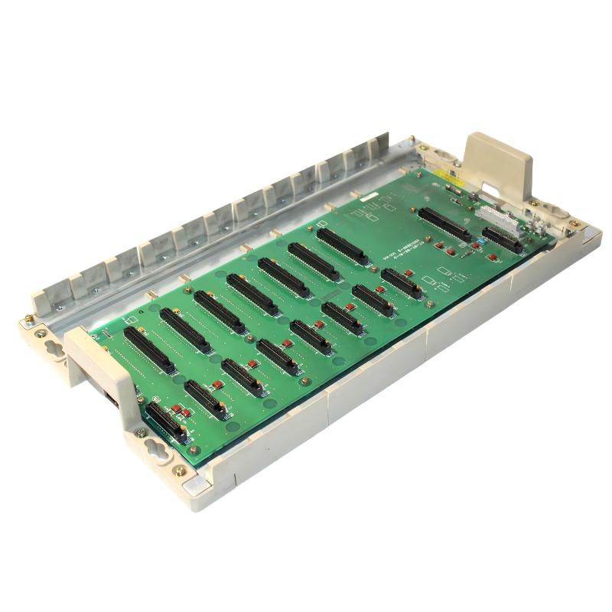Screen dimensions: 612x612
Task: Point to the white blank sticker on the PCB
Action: tap(369, 197)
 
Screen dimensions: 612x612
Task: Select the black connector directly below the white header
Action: tap(502, 239)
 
